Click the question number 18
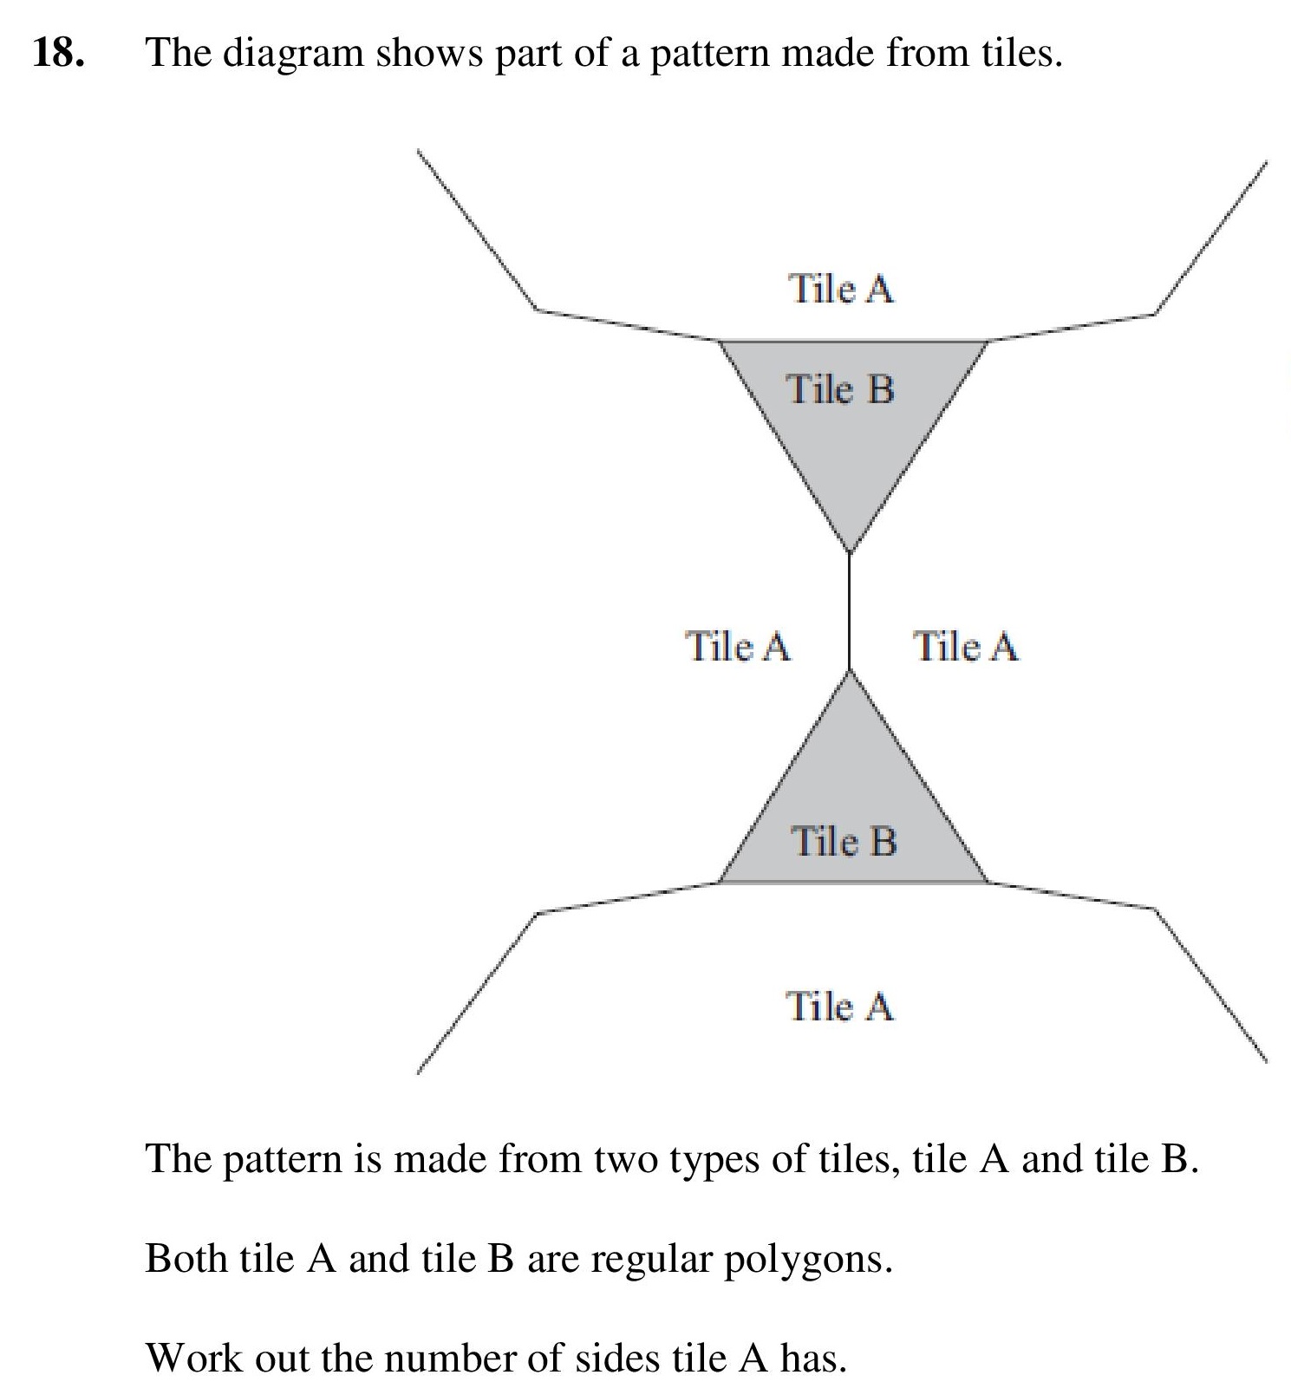tap(59, 54)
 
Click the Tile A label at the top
tap(840, 289)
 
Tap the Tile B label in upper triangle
tap(840, 388)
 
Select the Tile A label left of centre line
tap(738, 646)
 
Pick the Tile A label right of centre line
tap(966, 646)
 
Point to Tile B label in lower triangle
tap(844, 841)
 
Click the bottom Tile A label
tap(839, 1007)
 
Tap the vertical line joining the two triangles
tap(850, 612)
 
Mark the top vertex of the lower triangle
tap(850, 671)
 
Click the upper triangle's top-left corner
tap(719, 341)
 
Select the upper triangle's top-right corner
tap(988, 341)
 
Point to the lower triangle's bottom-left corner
tap(719, 883)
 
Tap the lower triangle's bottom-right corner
tap(988, 883)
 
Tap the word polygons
tap(808, 1260)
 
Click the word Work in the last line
tap(194, 1358)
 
